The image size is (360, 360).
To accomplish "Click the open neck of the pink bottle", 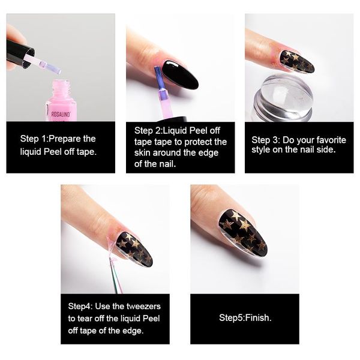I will [x=64, y=84].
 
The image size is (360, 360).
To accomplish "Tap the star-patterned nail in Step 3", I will [x=296, y=61].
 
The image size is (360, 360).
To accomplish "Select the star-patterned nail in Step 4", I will [x=134, y=248].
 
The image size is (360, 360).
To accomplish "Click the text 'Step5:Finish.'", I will [x=245, y=317].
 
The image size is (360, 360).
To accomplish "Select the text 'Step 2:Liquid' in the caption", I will [x=160, y=130].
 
